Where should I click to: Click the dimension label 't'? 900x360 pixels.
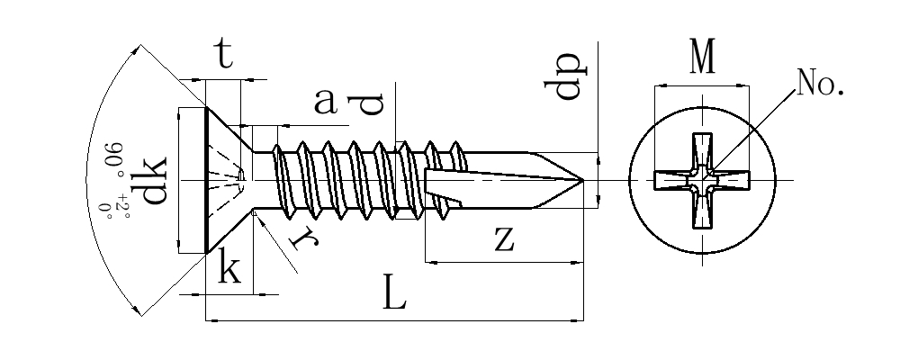pos(224,56)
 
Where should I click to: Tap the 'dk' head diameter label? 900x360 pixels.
pos(154,180)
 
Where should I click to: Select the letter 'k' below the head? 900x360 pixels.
pos(230,269)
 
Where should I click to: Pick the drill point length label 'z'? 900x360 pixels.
pos(504,238)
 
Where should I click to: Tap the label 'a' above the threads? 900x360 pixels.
pos(325,102)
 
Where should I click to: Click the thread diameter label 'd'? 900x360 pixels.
pos(371,104)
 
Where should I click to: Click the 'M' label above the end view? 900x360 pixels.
pos(702,59)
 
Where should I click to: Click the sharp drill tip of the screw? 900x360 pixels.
pos(584,181)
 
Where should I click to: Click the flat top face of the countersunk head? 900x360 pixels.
pos(207,180)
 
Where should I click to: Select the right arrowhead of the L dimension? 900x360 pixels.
pos(580,319)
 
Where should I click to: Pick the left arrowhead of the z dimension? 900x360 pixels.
pos(428,263)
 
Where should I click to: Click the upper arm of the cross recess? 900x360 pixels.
pos(702,148)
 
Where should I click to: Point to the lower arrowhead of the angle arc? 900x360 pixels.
pos(139,311)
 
